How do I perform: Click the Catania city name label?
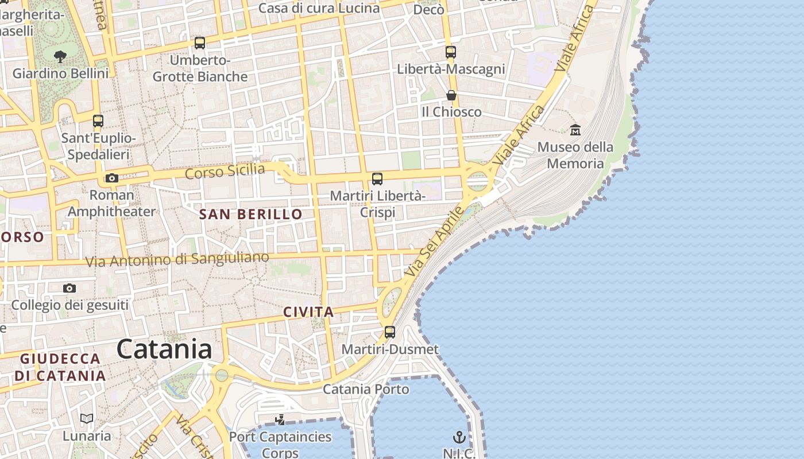point(164,349)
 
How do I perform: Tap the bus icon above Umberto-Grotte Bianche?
point(200,43)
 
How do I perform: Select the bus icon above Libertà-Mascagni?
point(451,52)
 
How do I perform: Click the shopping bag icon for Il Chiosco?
point(451,95)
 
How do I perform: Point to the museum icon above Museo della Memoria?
point(575,130)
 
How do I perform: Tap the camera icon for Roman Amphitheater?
point(112,178)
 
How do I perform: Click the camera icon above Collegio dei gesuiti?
point(69,288)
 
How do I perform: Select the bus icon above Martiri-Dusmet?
point(390,332)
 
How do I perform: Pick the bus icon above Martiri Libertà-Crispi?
point(377,179)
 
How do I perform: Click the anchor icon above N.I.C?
point(458,438)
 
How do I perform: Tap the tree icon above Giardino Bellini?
point(60,56)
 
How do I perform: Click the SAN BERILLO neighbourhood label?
point(250,215)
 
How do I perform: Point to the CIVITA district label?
point(308,312)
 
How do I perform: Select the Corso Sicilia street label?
point(225,171)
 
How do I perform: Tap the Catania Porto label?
point(366,389)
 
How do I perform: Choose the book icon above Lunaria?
point(87,419)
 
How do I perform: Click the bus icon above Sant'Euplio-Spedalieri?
point(98,121)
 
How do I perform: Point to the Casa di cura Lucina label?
point(319,8)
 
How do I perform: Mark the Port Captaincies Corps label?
point(280,444)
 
